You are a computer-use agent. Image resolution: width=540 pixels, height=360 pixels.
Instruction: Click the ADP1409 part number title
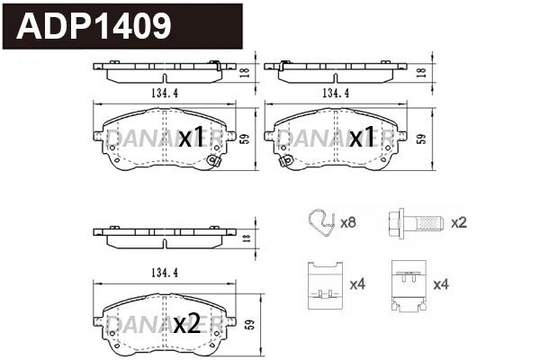pos(94,27)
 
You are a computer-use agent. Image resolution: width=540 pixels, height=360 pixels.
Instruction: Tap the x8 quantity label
pos(349,220)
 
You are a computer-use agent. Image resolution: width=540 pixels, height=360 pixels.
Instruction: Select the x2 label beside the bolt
pos(458,221)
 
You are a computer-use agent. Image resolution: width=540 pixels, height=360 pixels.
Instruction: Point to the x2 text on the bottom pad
pos(186,324)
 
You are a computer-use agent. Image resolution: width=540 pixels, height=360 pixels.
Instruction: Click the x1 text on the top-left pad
pos(191,138)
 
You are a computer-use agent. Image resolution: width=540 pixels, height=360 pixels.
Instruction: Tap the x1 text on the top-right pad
pos(362,138)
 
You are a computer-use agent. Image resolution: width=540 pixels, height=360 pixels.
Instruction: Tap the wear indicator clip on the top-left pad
pos(214,162)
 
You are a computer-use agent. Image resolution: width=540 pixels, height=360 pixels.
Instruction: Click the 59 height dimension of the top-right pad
pos(421,138)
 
